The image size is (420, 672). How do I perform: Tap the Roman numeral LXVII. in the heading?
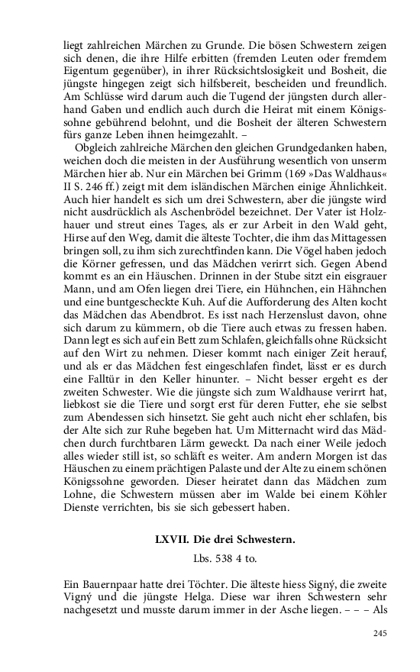click(171, 540)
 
